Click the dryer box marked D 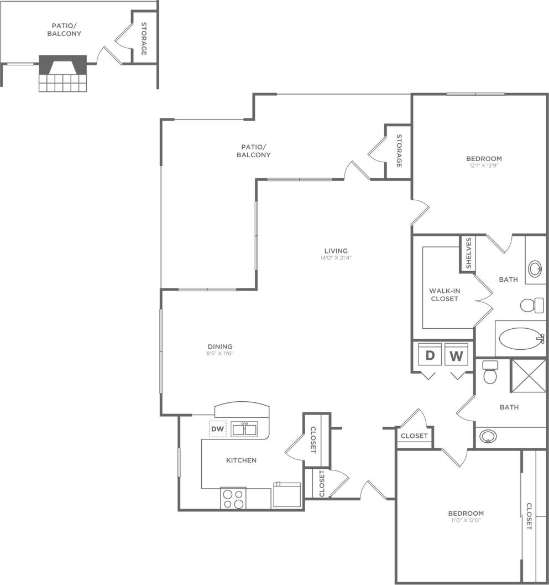[x=430, y=355]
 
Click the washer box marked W [x=456, y=355]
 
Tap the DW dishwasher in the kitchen [x=218, y=428]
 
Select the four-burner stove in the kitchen [x=233, y=498]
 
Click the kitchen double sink [x=244, y=428]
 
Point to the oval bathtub [x=519, y=338]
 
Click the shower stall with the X [x=527, y=376]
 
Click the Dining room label [x=220, y=347]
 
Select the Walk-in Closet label [x=444, y=294]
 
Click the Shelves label [x=468, y=253]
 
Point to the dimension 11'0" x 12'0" [x=466, y=521]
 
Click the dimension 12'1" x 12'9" [x=484, y=166]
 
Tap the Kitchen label [x=241, y=460]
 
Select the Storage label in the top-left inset [x=144, y=39]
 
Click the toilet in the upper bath [x=531, y=304]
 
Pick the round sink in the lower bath [x=487, y=437]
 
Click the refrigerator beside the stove [x=287, y=494]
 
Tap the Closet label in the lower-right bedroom [x=529, y=516]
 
